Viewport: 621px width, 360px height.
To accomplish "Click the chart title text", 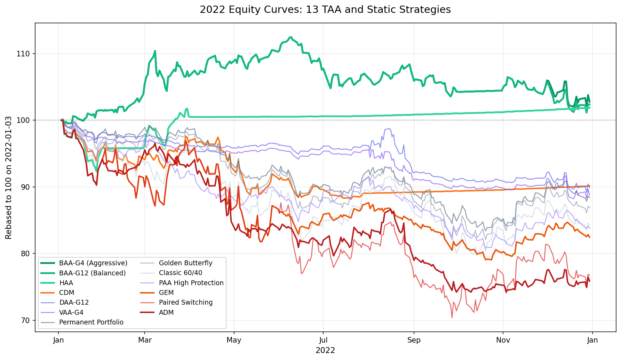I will pos(325,10).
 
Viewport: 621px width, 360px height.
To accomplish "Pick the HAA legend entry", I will pos(66,283).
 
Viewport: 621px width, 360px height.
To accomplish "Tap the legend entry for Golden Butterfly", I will pos(185,263).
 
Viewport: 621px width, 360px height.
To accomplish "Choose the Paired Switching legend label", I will pos(185,303).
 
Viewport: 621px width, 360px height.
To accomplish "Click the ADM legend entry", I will pos(166,313).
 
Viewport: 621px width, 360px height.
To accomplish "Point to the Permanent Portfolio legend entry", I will pos(91,322).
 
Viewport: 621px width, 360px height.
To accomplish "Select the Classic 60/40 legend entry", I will pos(180,273).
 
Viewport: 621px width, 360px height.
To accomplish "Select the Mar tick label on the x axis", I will pos(145,340).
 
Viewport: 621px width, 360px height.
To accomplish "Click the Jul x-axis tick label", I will pos(323,340).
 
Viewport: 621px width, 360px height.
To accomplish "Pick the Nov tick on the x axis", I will pos(503,340).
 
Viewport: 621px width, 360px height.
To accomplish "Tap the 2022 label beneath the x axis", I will pos(325,350).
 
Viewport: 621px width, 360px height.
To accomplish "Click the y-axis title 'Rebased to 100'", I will pos(9,178).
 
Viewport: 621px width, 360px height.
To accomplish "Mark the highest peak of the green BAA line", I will pos(290,37).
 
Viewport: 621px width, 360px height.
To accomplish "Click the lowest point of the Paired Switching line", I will pos(452,318).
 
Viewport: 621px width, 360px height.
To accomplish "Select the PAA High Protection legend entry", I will pos(191,283).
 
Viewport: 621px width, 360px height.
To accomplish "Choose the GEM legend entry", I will pos(166,293).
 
